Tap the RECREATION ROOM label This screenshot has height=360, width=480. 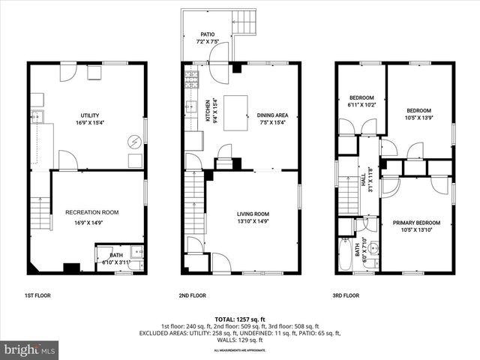[91, 212]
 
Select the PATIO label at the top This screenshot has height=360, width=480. [208, 34]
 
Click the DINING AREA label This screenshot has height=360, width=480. [273, 115]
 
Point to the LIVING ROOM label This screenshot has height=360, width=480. [254, 214]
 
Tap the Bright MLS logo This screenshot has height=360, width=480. [30, 349]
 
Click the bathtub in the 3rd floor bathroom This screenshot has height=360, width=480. [345, 256]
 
